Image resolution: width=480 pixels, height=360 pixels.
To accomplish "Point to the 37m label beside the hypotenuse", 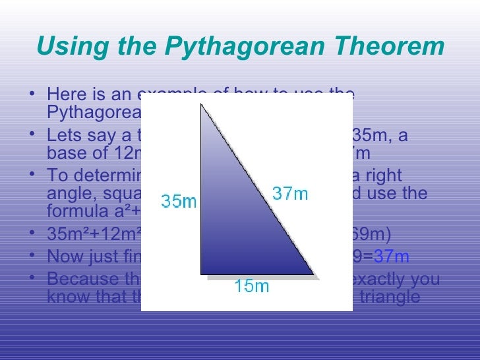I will point(290,194).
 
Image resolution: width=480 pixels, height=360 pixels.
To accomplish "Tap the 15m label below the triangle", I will point(251,287).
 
